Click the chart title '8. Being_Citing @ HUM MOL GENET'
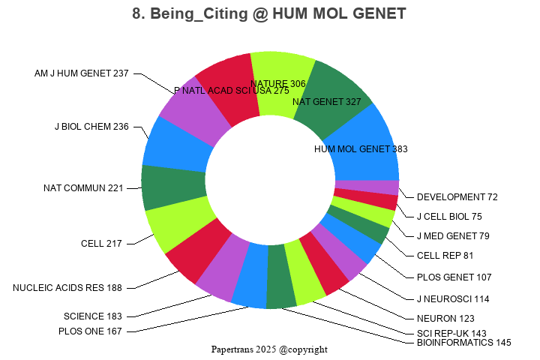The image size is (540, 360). (x=270, y=13)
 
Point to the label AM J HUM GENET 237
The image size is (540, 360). (x=81, y=73)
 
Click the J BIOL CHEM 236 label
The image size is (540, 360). (x=91, y=126)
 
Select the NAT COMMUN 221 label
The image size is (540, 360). (x=82, y=187)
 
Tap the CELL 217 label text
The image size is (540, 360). (x=103, y=243)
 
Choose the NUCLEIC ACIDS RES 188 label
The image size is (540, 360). (x=67, y=287)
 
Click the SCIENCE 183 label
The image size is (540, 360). (x=92, y=316)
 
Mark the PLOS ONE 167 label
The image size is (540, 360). (x=90, y=331)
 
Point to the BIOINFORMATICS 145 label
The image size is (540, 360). (x=463, y=343)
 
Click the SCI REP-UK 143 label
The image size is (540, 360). (x=451, y=332)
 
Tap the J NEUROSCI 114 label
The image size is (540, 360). (x=452, y=298)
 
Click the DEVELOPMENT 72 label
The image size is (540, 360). (x=457, y=197)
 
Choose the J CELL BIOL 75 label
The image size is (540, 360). (x=449, y=217)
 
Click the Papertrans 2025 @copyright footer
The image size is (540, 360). (x=269, y=349)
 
